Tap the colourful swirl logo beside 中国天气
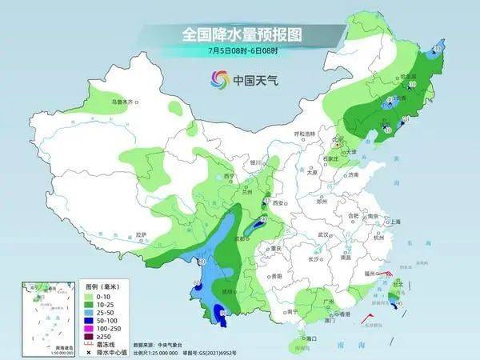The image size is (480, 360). click(219, 78)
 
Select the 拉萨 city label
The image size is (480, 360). click(142, 234)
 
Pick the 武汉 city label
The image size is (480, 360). click(323, 234)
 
